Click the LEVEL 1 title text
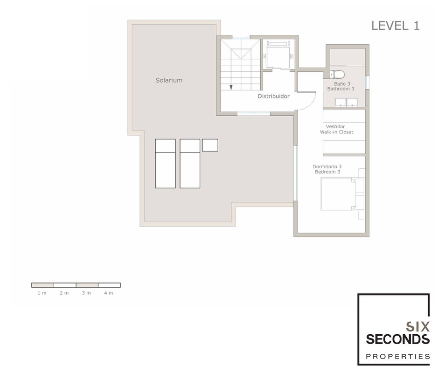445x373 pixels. (396, 26)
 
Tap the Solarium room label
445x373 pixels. (169, 80)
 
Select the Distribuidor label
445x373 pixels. (274, 96)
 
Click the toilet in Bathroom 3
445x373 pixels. (337, 75)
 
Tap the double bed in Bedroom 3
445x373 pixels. (338, 194)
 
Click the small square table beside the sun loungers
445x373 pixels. (210, 145)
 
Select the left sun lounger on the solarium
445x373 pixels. (165, 163)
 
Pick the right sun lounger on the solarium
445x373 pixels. (190, 163)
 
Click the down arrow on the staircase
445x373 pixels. (231, 87)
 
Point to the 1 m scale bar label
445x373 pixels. (42, 293)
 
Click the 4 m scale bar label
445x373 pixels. (108, 293)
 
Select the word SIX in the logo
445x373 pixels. (417, 326)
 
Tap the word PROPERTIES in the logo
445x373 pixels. (398, 356)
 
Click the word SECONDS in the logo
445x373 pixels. (398, 339)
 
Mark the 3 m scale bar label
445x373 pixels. (86, 293)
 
